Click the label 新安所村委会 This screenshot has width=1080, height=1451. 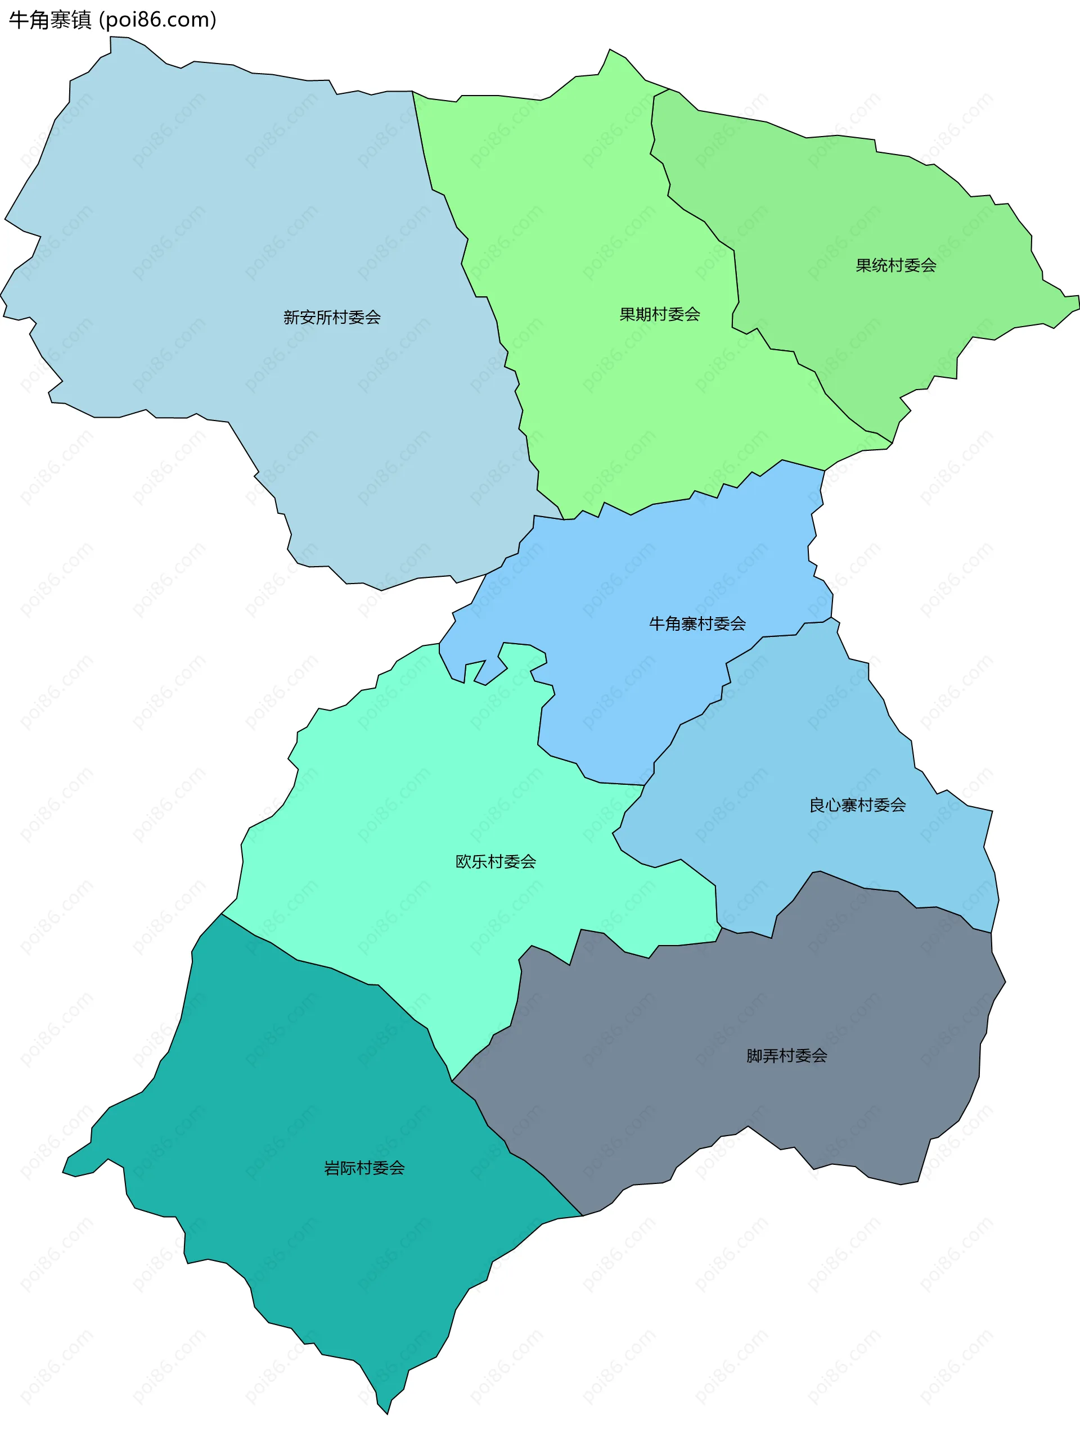click(x=331, y=318)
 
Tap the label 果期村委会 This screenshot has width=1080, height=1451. click(x=659, y=315)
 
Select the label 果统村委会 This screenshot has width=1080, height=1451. click(x=895, y=265)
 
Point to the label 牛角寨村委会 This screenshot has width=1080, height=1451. click(x=697, y=624)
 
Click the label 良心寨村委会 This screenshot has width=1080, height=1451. click(x=857, y=806)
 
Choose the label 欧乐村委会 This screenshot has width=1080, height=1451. click(x=496, y=862)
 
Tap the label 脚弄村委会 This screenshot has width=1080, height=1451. click(x=786, y=1056)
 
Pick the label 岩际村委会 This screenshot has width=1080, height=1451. click(x=364, y=1168)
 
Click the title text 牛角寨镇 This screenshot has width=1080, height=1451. click(x=50, y=20)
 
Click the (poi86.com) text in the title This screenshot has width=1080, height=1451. click(x=157, y=20)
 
